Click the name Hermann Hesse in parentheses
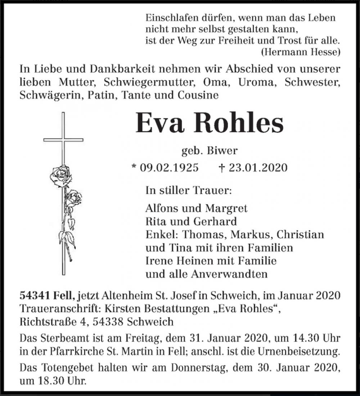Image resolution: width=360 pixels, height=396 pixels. (300, 51)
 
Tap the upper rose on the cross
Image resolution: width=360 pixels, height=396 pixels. (60, 175)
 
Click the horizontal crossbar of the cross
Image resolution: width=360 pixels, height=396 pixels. (63, 140)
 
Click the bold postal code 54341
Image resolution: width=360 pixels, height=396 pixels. (35, 296)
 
